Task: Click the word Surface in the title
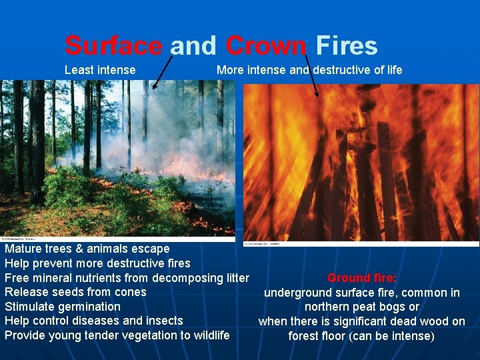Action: [113, 46]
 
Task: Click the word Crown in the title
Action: [266, 46]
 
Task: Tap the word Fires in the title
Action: [347, 46]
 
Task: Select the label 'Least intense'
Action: [100, 70]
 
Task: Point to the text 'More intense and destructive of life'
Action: [309, 70]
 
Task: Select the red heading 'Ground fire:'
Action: [362, 278]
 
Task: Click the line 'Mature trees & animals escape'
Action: [87, 249]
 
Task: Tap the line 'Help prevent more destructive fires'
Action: [97, 263]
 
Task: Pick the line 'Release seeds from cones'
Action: [75, 292]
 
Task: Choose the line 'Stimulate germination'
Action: [63, 307]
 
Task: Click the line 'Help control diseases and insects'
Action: [94, 321]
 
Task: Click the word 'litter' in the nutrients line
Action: [234, 278]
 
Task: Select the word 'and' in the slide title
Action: [193, 46]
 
